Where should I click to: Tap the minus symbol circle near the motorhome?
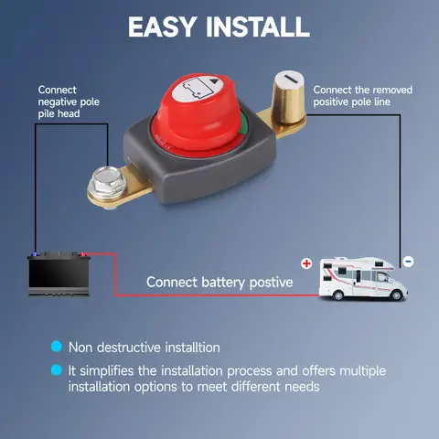pos(408,262)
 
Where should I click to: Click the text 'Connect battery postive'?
pos(219,283)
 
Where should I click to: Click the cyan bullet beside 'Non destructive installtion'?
pos(56,348)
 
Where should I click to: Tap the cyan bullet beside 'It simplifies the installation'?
pos(56,371)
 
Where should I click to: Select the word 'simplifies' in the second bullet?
pos(110,371)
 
